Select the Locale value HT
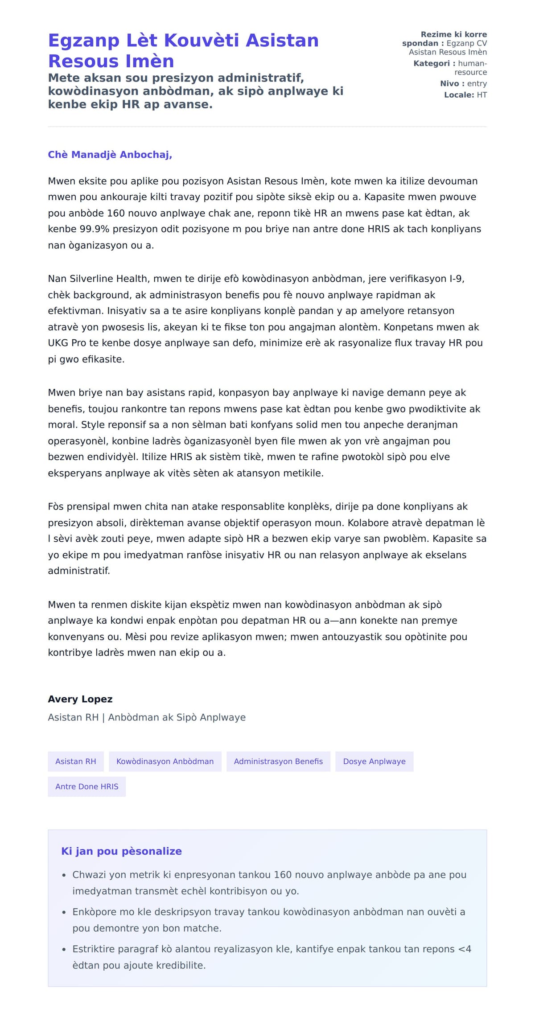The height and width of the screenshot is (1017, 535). coord(481,95)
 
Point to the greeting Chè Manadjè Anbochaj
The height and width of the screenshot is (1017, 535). coord(110,155)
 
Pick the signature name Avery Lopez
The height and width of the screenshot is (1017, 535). coord(80,699)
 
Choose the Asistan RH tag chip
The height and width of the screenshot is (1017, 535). coord(76,762)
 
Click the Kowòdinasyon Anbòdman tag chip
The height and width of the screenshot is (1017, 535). coord(165,762)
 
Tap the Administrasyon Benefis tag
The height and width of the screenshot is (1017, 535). coord(278,762)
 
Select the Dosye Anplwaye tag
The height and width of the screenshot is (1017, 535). coord(374,762)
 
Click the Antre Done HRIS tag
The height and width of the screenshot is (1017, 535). coord(87,786)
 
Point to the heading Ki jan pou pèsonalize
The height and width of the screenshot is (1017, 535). coord(121,851)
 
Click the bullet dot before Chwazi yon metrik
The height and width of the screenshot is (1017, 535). coord(64,875)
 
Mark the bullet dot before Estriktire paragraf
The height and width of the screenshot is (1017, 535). coord(64,949)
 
